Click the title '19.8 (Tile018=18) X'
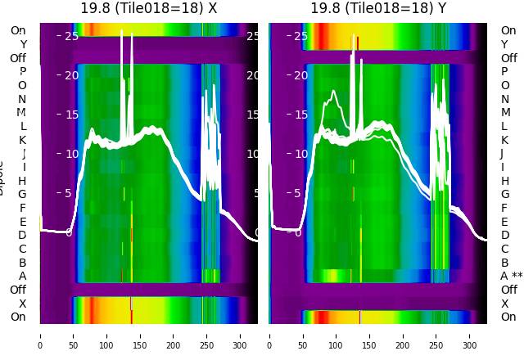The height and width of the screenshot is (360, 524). [148, 8]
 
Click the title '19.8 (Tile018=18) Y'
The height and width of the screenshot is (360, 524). [378, 8]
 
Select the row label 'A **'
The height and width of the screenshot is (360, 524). [511, 276]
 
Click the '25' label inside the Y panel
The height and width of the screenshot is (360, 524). [300, 36]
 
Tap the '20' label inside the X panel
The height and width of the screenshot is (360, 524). [71, 75]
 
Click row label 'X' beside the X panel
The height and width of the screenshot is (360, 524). [23, 304]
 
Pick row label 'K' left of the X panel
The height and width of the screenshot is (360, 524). [23, 140]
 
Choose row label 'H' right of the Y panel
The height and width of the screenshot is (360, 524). [504, 181]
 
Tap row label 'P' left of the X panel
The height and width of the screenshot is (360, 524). [23, 72]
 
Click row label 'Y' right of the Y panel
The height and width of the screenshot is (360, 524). [504, 44]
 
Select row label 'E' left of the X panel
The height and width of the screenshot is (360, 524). [23, 222]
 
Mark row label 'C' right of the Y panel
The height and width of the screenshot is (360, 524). [504, 249]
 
